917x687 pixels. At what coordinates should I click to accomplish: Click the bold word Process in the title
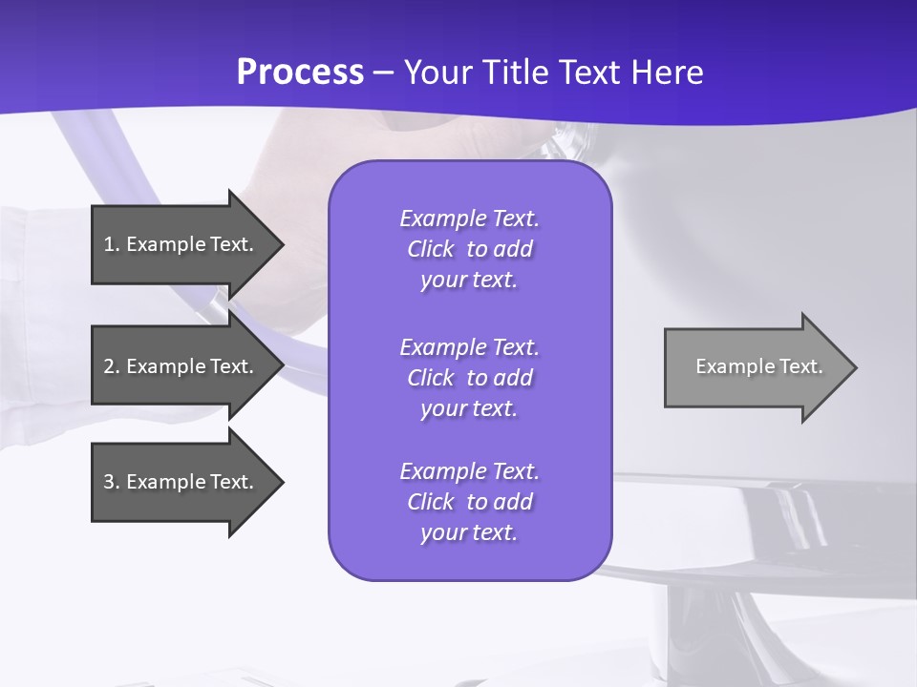pos(300,73)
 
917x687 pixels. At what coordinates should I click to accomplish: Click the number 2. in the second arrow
pos(111,366)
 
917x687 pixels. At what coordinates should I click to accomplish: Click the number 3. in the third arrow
pos(111,482)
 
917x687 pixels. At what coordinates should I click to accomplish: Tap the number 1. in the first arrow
pos(111,244)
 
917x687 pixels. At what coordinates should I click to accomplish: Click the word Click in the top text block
pos(431,249)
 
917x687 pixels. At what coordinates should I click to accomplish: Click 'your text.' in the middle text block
pos(469,408)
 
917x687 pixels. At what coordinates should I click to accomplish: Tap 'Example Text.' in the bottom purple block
pos(469,471)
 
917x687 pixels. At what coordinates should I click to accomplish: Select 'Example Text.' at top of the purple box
pos(469,219)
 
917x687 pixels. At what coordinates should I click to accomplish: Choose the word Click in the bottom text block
pos(431,502)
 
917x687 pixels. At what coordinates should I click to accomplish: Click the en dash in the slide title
pos(384,73)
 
